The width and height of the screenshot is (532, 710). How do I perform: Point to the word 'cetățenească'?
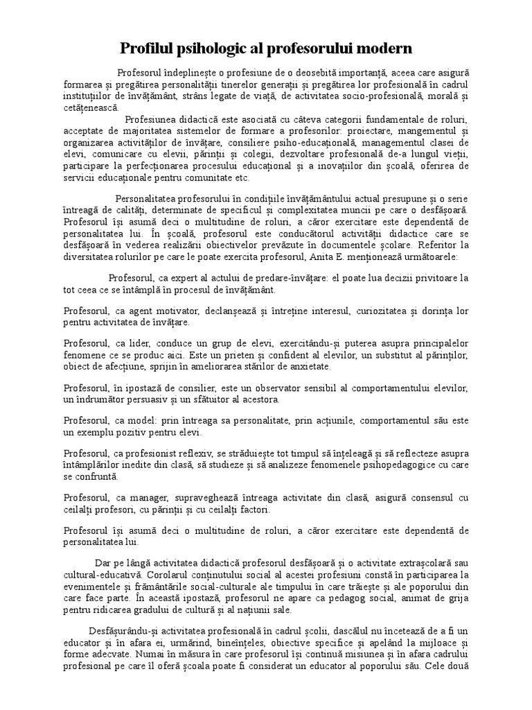(x=91, y=107)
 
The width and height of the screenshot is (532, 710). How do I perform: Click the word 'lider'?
(x=138, y=344)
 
